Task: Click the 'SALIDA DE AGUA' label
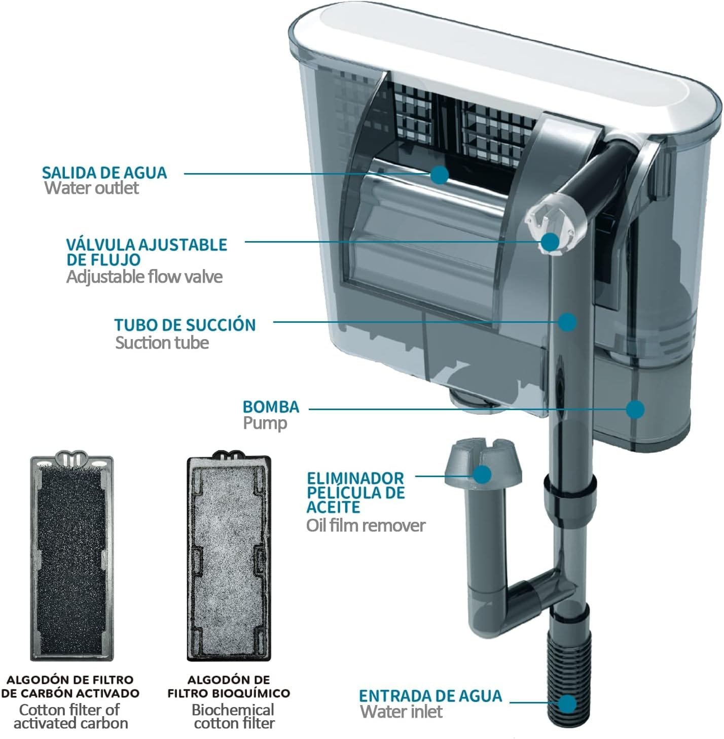pyautogui.click(x=104, y=173)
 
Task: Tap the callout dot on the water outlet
pyautogui.click(x=440, y=175)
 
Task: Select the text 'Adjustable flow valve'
pyautogui.click(x=144, y=277)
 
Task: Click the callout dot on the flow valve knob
pyautogui.click(x=550, y=242)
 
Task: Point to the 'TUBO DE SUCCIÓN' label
pyautogui.click(x=185, y=325)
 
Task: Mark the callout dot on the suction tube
pyautogui.click(x=567, y=321)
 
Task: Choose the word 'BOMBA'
pyautogui.click(x=271, y=407)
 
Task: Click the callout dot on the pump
pyautogui.click(x=635, y=409)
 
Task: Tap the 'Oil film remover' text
pyautogui.click(x=366, y=525)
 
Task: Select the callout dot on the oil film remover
pyautogui.click(x=482, y=475)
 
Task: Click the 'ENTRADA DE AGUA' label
pyautogui.click(x=430, y=695)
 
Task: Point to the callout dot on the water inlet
pyautogui.click(x=568, y=704)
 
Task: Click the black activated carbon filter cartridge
pyautogui.click(x=71, y=558)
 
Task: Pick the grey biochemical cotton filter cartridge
pyautogui.click(x=229, y=558)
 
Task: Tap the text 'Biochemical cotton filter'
pyautogui.click(x=234, y=716)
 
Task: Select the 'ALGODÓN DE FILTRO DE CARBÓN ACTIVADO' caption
pyautogui.click(x=70, y=686)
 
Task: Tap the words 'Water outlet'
pyautogui.click(x=91, y=188)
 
